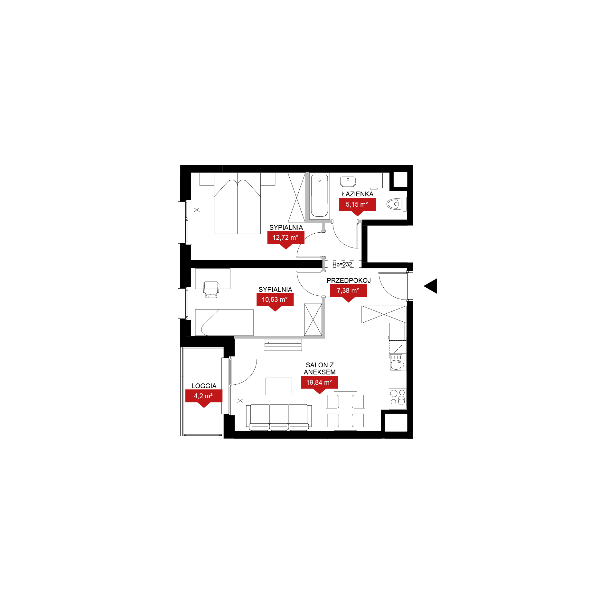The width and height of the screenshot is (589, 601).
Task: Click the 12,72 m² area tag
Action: click(x=286, y=238)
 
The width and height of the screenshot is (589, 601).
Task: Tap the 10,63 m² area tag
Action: click(x=275, y=300)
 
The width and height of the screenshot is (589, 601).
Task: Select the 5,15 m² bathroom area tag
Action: click(x=357, y=204)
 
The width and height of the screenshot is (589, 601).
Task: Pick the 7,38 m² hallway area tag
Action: click(x=348, y=291)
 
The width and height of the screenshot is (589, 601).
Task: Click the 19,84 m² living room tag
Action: click(x=319, y=382)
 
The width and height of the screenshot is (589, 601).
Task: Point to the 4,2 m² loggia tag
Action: click(x=204, y=396)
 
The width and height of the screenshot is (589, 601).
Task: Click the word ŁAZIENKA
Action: click(x=358, y=194)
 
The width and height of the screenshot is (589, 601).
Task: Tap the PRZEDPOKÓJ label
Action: click(x=349, y=280)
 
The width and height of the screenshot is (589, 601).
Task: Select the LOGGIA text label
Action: click(x=204, y=386)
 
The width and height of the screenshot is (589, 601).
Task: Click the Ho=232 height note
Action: click(x=342, y=264)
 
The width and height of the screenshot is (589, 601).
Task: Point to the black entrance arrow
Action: click(x=431, y=286)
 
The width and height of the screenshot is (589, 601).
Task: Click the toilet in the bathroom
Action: click(x=396, y=204)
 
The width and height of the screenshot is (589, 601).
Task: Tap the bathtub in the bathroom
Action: click(x=319, y=195)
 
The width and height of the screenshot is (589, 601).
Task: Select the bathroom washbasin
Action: click(x=348, y=180)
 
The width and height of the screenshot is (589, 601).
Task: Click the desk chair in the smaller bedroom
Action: click(x=211, y=289)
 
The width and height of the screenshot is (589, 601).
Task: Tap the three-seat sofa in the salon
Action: click(x=279, y=417)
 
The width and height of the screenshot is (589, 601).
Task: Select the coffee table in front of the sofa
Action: click(x=279, y=386)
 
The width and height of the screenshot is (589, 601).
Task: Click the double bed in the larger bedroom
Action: click(x=237, y=203)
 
